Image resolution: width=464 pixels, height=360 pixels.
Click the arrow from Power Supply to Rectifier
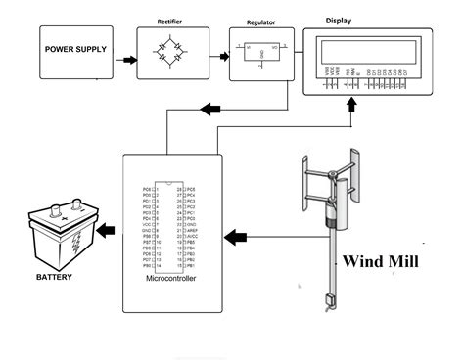[126, 61]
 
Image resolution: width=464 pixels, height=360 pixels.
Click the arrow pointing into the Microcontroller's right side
[237, 236]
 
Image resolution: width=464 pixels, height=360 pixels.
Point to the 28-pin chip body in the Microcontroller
[172, 226]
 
